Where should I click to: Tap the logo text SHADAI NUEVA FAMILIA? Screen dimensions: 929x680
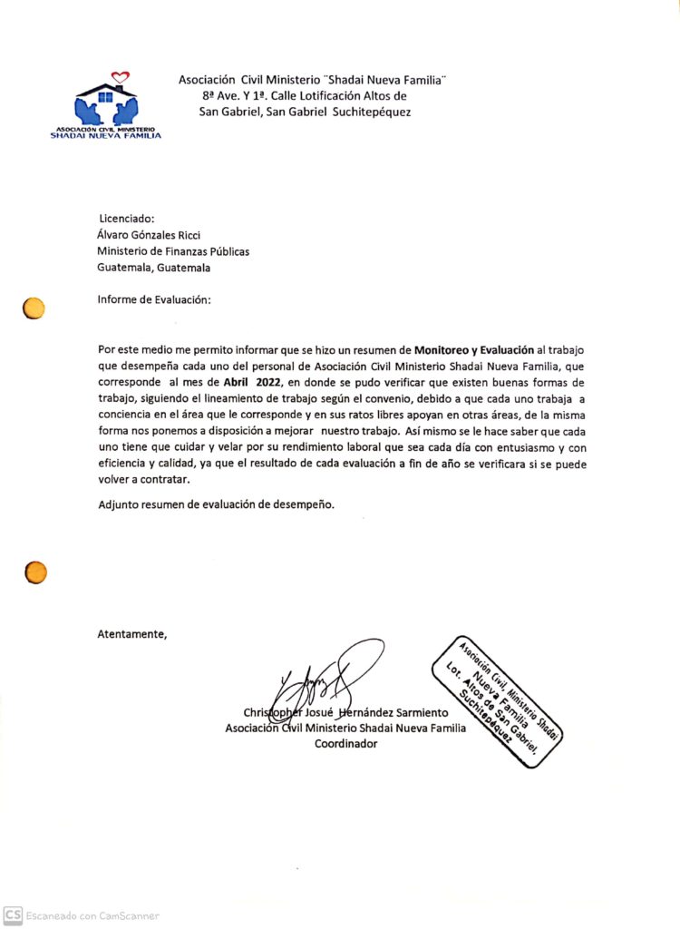[x=106, y=136]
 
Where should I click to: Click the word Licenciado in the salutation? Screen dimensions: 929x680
[x=127, y=219]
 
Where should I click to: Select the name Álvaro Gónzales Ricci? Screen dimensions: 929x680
[x=149, y=235]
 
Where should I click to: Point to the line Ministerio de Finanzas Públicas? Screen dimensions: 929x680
[x=173, y=251]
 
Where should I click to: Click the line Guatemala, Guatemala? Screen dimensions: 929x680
[x=154, y=268]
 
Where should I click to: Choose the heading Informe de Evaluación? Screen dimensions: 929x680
[x=154, y=300]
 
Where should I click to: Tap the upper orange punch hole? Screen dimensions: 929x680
[x=34, y=308]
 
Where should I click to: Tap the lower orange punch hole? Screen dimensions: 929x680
[x=35, y=572]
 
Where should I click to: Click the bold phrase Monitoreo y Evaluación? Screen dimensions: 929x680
[x=474, y=349]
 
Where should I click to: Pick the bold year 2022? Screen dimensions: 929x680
[x=268, y=382]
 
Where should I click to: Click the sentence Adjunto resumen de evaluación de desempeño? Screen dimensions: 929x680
[x=217, y=504]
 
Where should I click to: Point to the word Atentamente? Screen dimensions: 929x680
[x=132, y=634]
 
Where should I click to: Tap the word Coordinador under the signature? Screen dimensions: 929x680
[x=345, y=744]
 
